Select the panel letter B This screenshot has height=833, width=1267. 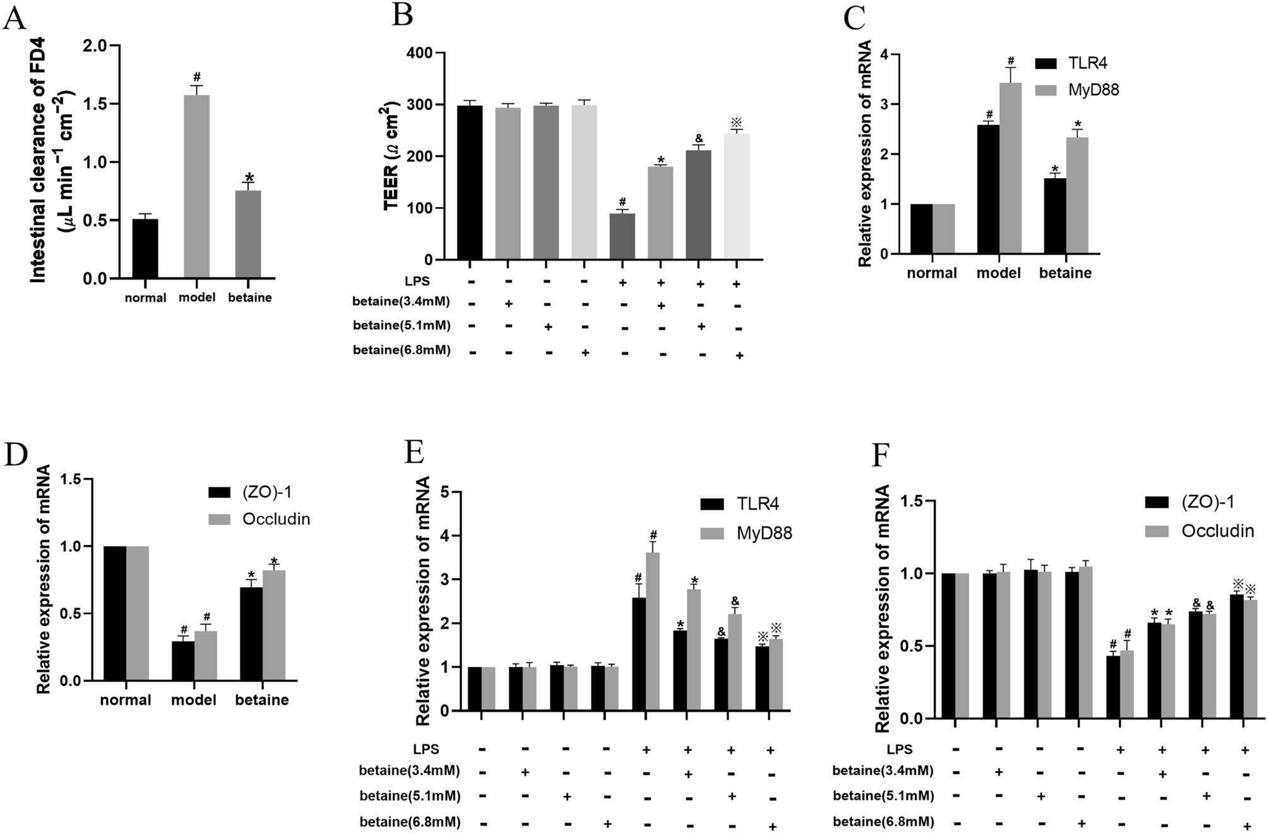pyautogui.click(x=403, y=14)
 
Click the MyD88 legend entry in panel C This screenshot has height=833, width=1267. pyautogui.click(x=1093, y=90)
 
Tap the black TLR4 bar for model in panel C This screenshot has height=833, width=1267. pyautogui.click(x=988, y=189)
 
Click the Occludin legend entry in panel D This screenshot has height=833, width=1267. pyautogui.click(x=276, y=519)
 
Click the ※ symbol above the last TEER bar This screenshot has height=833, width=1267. pyautogui.click(x=736, y=122)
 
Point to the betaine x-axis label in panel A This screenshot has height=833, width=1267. pyautogui.click(x=250, y=298)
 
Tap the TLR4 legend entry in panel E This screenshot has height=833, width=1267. pyautogui.click(x=757, y=504)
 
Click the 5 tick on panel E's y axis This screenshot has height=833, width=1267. pyautogui.click(x=444, y=492)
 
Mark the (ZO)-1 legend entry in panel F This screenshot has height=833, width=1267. pyautogui.click(x=1207, y=502)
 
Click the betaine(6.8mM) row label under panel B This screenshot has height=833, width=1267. pyautogui.click(x=402, y=350)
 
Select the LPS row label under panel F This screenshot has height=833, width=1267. pyautogui.click(x=898, y=749)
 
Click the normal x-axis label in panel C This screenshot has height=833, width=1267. pyautogui.click(x=932, y=273)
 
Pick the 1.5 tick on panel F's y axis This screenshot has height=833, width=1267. pyautogui.click(x=908, y=500)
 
